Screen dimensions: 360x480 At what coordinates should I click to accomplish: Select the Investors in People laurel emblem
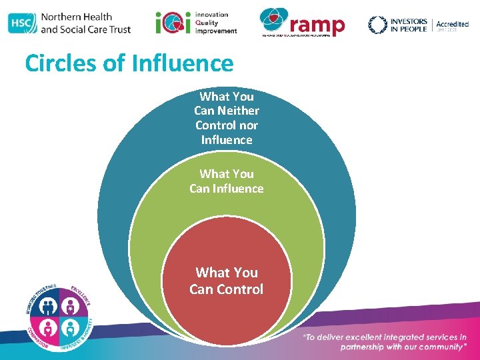pyautogui.click(x=378, y=25)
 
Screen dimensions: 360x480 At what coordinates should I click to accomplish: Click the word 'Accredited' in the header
pyautogui.click(x=452, y=25)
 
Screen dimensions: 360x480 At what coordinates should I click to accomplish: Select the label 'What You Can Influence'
pyautogui.click(x=227, y=181)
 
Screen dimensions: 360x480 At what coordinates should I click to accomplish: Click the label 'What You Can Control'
pyautogui.click(x=227, y=281)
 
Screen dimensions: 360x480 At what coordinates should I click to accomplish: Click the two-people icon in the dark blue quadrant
pyautogui.click(x=48, y=305)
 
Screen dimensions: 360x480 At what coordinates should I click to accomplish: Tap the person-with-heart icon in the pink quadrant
pyautogui.click(x=48, y=327)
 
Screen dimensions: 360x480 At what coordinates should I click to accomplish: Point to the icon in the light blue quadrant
pyautogui.click(x=70, y=327)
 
